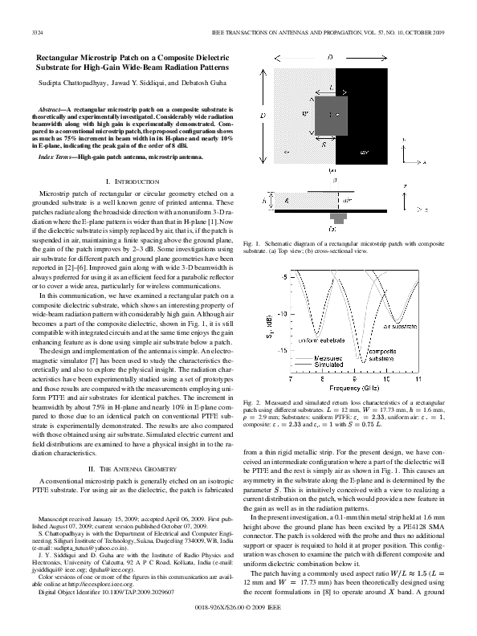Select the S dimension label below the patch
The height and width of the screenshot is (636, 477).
299,147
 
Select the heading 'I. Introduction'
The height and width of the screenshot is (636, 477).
130,183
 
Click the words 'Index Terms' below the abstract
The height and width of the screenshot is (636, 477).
57,158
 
